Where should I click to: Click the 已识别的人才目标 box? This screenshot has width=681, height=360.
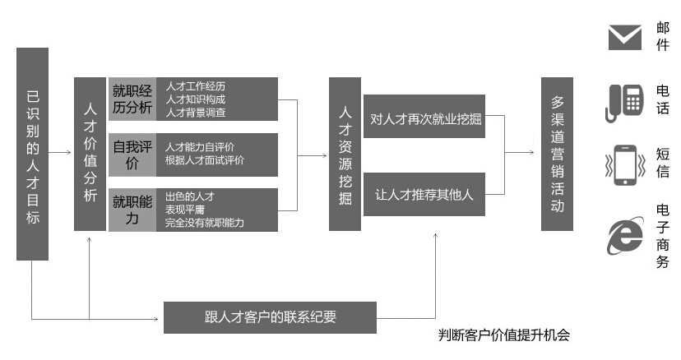pyautogui.click(x=32, y=154)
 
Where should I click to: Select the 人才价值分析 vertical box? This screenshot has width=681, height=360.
pyautogui.click(x=90, y=154)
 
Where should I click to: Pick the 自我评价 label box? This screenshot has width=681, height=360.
pyautogui.click(x=132, y=154)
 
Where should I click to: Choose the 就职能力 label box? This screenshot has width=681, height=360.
pyautogui.click(x=132, y=210)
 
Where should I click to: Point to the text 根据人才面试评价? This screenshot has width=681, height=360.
pyautogui.click(x=205, y=160)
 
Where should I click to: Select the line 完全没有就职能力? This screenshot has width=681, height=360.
pyautogui.click(x=205, y=223)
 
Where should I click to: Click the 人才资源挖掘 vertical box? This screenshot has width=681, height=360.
pyautogui.click(x=345, y=154)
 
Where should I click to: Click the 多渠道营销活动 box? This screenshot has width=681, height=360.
pyautogui.click(x=557, y=154)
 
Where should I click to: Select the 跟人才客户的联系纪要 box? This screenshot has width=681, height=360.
pyautogui.click(x=270, y=317)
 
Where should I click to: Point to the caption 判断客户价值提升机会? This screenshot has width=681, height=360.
pyautogui.click(x=504, y=335)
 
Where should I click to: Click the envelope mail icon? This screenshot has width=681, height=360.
pyautogui.click(x=624, y=37)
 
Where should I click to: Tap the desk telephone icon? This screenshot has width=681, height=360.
pyautogui.click(x=624, y=102)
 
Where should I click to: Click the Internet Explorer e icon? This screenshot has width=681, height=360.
pyautogui.click(x=625, y=235)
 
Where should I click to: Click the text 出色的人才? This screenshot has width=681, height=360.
pyautogui.click(x=190, y=197)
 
